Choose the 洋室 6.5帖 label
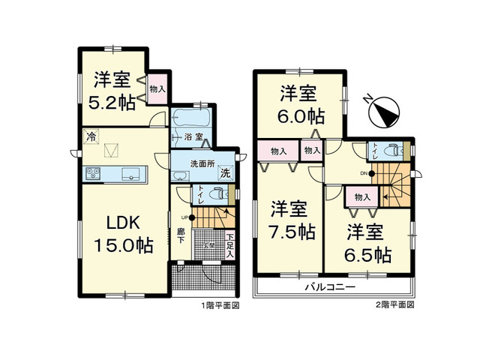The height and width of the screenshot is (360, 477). click(367, 242)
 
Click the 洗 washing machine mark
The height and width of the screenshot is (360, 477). click(224, 174)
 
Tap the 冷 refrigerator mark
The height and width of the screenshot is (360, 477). click(91, 136)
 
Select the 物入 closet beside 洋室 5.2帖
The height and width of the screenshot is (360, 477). click(157, 88)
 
